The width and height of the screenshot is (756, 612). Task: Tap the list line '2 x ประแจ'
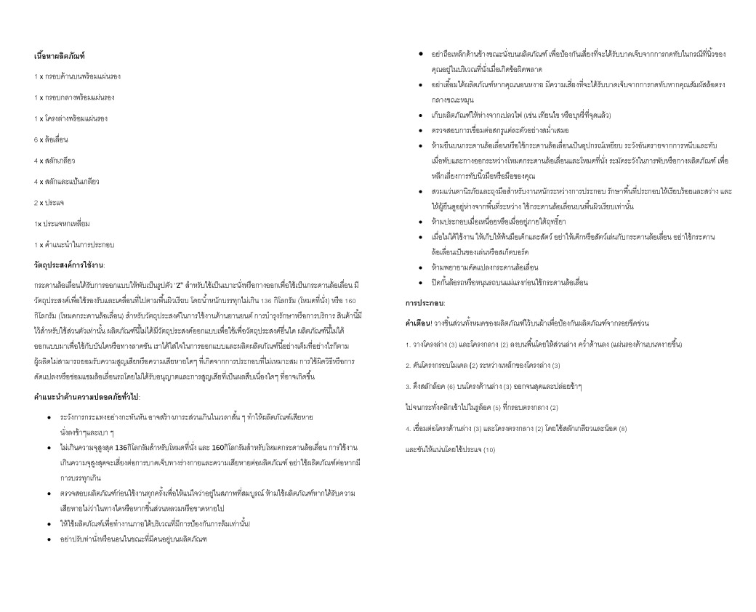click(x=49, y=202)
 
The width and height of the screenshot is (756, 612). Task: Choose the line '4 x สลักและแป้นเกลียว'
click(x=66, y=181)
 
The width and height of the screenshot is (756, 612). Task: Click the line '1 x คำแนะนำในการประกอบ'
click(x=73, y=244)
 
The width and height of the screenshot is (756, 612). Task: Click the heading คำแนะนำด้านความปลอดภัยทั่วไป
click(x=87, y=397)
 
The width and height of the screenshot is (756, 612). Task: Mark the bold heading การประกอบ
click(x=425, y=302)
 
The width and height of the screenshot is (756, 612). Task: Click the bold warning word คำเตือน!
click(x=419, y=322)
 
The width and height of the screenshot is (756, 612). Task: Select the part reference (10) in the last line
click(x=488, y=449)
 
